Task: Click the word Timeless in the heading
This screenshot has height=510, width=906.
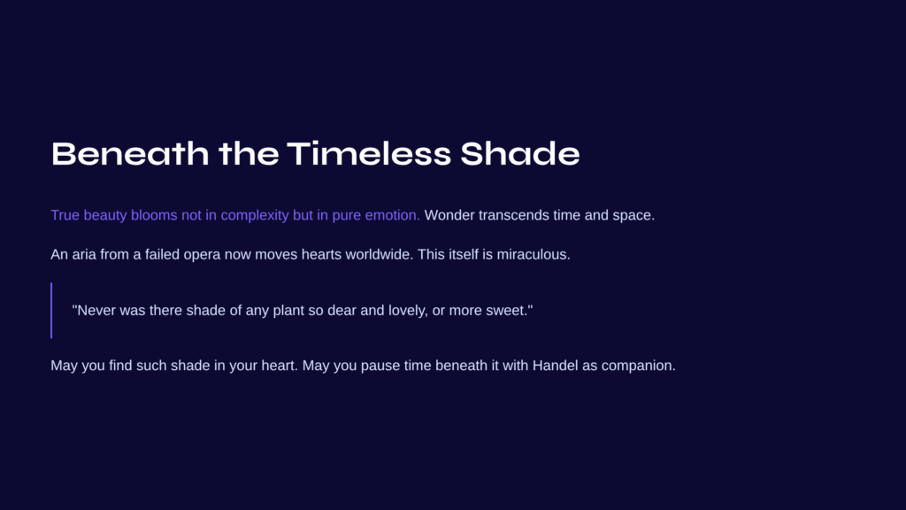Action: (x=369, y=154)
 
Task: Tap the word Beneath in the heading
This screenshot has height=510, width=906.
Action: (x=130, y=154)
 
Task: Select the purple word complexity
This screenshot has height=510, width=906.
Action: (x=255, y=216)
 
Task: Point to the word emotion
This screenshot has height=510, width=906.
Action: (x=392, y=215)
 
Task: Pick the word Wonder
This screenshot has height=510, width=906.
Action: (x=449, y=215)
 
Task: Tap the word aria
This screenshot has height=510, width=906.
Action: (x=84, y=254)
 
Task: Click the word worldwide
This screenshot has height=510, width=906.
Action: (x=379, y=254)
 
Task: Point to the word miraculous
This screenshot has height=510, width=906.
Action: (x=534, y=254)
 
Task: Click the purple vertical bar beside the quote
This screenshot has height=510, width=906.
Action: (x=51, y=311)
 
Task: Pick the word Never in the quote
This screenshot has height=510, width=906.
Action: (x=96, y=311)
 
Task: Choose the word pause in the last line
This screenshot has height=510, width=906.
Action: (x=380, y=367)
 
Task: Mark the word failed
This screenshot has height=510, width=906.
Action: (x=163, y=254)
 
